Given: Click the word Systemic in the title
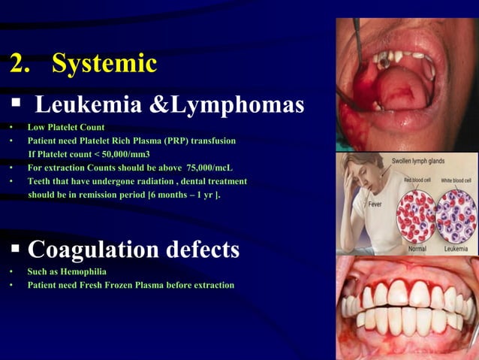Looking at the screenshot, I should pos(104,63).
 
